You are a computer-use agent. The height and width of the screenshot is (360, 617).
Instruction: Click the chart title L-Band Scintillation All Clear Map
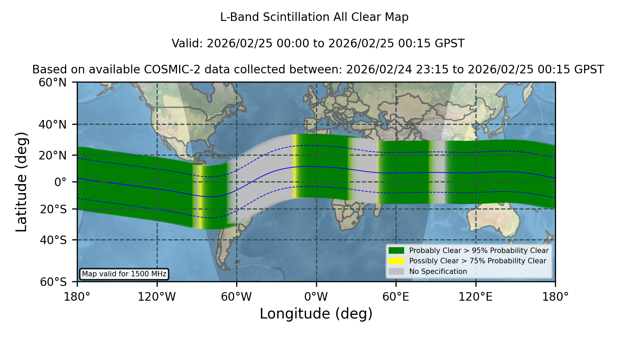314,17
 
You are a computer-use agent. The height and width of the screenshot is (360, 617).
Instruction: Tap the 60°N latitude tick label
53,83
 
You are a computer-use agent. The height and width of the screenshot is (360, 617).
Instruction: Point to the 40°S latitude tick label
53,240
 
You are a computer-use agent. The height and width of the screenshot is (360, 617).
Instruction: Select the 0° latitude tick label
61,182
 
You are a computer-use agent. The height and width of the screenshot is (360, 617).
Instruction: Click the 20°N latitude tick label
53,155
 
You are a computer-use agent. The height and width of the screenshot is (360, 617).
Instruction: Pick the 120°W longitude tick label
157,297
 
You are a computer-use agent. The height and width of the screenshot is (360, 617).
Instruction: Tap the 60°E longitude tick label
396,297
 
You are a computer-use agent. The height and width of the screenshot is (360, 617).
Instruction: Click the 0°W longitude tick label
316,297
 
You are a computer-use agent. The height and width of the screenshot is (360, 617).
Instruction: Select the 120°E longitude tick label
475,297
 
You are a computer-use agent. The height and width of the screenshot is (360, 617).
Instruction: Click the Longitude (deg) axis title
316,314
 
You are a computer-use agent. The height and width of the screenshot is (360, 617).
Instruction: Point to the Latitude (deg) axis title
21,182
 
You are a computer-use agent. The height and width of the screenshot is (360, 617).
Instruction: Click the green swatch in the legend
397,251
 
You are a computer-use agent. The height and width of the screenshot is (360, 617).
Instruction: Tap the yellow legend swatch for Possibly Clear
397,261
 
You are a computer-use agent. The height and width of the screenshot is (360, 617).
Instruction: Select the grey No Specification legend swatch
397,272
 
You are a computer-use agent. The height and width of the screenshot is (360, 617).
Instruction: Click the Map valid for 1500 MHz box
124,274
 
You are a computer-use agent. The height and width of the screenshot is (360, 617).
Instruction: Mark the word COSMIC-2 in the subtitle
166,70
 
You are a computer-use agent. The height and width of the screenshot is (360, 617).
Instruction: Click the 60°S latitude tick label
53,282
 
